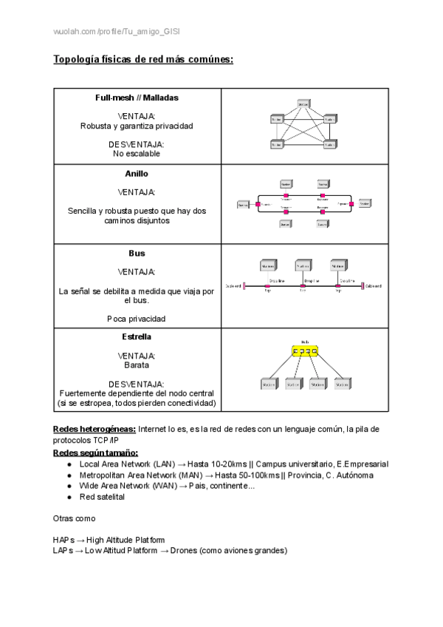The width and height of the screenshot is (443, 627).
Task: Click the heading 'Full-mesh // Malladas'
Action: (137, 98)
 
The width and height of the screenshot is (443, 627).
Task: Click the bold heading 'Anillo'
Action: (137, 174)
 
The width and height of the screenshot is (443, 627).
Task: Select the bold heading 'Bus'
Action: (137, 254)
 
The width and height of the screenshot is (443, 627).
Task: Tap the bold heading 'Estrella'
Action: (137, 336)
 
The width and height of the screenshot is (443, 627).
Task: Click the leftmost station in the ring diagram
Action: (243, 203)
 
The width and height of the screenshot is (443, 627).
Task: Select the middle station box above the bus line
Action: (303, 265)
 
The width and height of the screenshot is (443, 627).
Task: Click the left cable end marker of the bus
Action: (245, 286)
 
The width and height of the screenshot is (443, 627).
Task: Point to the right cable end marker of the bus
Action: (362, 286)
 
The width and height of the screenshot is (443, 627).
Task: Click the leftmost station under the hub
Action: (269, 384)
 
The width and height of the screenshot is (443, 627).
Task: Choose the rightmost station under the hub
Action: (342, 384)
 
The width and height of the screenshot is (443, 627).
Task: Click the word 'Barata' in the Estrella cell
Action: (137, 365)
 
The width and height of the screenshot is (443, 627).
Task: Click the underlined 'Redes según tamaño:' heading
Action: (96, 453)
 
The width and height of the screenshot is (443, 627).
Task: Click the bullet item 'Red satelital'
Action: (102, 497)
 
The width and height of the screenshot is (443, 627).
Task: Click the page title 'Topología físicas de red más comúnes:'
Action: (143, 59)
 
